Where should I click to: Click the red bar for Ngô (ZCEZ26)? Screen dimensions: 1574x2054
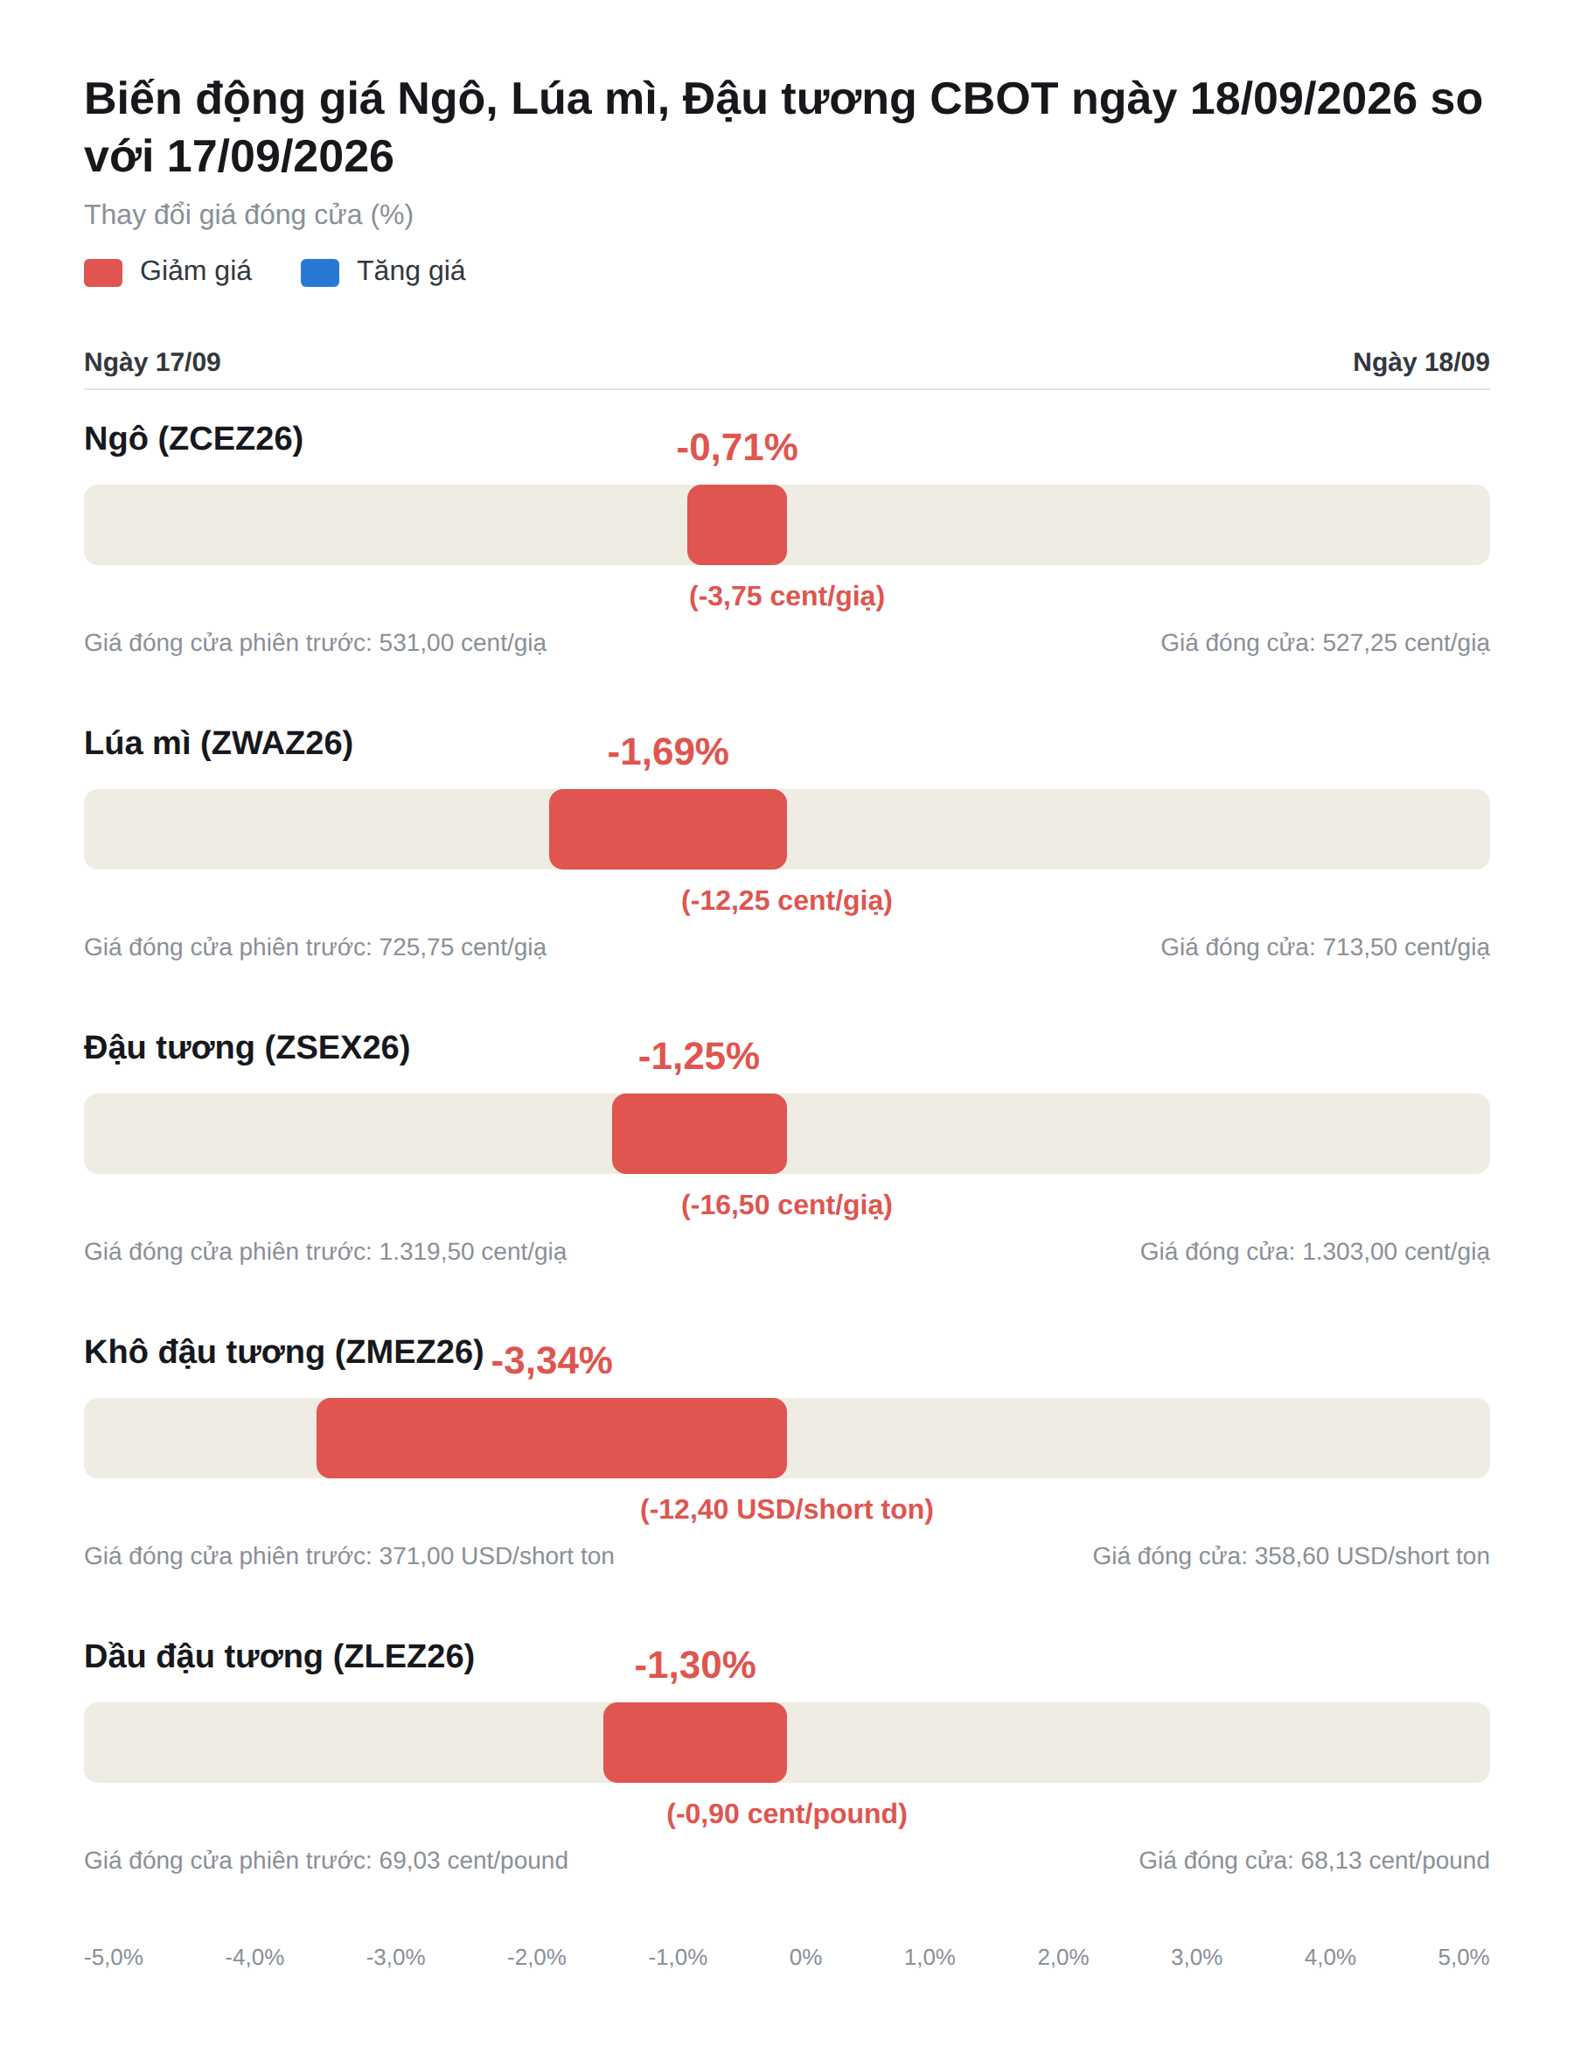pyautogui.click(x=736, y=525)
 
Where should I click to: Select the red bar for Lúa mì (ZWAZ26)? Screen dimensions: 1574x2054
pyautogui.click(x=668, y=829)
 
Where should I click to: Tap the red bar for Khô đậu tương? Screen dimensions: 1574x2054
pyautogui.click(x=552, y=1438)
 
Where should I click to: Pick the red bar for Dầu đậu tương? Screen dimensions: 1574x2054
pyautogui.click(x=695, y=1743)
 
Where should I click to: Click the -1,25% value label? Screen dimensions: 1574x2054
pyautogui.click(x=699, y=1056)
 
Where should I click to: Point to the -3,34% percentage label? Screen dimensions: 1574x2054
pyautogui.click(x=552, y=1360)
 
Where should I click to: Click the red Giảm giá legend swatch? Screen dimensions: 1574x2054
pyautogui.click(x=103, y=273)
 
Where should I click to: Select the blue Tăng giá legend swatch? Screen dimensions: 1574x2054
pyautogui.click(x=319, y=273)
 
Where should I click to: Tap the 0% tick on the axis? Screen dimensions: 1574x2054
pyautogui.click(x=805, y=1957)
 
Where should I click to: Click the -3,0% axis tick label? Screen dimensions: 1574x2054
pyautogui.click(x=395, y=1957)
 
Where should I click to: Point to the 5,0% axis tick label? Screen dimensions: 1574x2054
pyautogui.click(x=1464, y=1957)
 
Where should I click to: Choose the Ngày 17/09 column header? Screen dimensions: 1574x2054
pyautogui.click(x=153, y=361)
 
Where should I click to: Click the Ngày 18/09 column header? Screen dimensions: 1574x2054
pyautogui.click(x=1421, y=361)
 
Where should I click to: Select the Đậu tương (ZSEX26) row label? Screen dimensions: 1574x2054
pyautogui.click(x=247, y=1048)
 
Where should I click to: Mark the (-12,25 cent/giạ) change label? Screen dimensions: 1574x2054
pyautogui.click(x=787, y=900)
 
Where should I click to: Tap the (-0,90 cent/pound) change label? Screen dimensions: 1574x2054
pyautogui.click(x=787, y=1814)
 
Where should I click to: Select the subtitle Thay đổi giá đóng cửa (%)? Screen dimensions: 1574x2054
pyautogui.click(x=249, y=214)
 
